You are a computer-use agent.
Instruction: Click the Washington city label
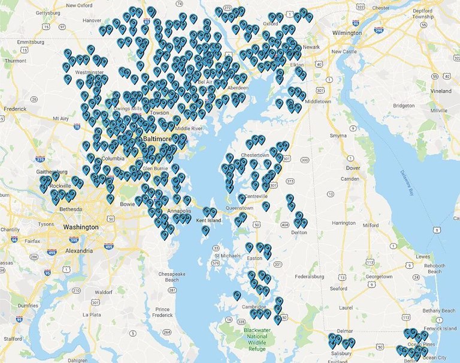pyautogui.click(x=81, y=227)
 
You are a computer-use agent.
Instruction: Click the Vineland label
pyautogui.click(x=440, y=91)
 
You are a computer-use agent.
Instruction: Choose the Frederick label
pyautogui.click(x=15, y=109)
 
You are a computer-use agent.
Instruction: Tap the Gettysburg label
pyautogui.click(x=49, y=13)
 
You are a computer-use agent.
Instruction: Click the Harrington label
pyautogui.click(x=344, y=223)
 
